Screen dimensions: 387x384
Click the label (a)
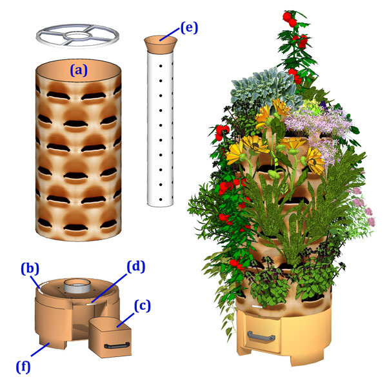[79, 71]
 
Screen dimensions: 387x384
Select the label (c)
[143, 303]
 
